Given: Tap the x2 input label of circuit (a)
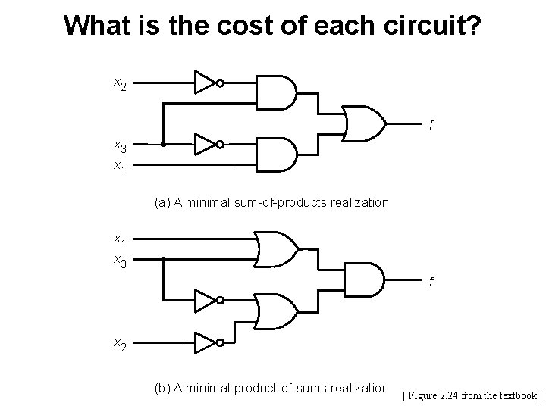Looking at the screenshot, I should [x=120, y=83].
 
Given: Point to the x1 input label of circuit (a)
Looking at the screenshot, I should [x=120, y=164].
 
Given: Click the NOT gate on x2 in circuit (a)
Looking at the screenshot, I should [x=206, y=82].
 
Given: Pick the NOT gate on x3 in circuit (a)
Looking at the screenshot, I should [x=206, y=143].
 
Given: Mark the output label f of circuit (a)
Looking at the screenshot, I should [x=431, y=126].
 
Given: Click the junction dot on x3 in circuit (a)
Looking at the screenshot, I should [x=164, y=143].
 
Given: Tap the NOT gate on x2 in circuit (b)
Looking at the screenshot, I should [x=206, y=342].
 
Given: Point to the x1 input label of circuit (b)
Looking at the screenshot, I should [x=120, y=240].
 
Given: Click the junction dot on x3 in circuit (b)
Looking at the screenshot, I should [x=164, y=259].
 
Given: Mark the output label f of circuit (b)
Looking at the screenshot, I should [x=431, y=283].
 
